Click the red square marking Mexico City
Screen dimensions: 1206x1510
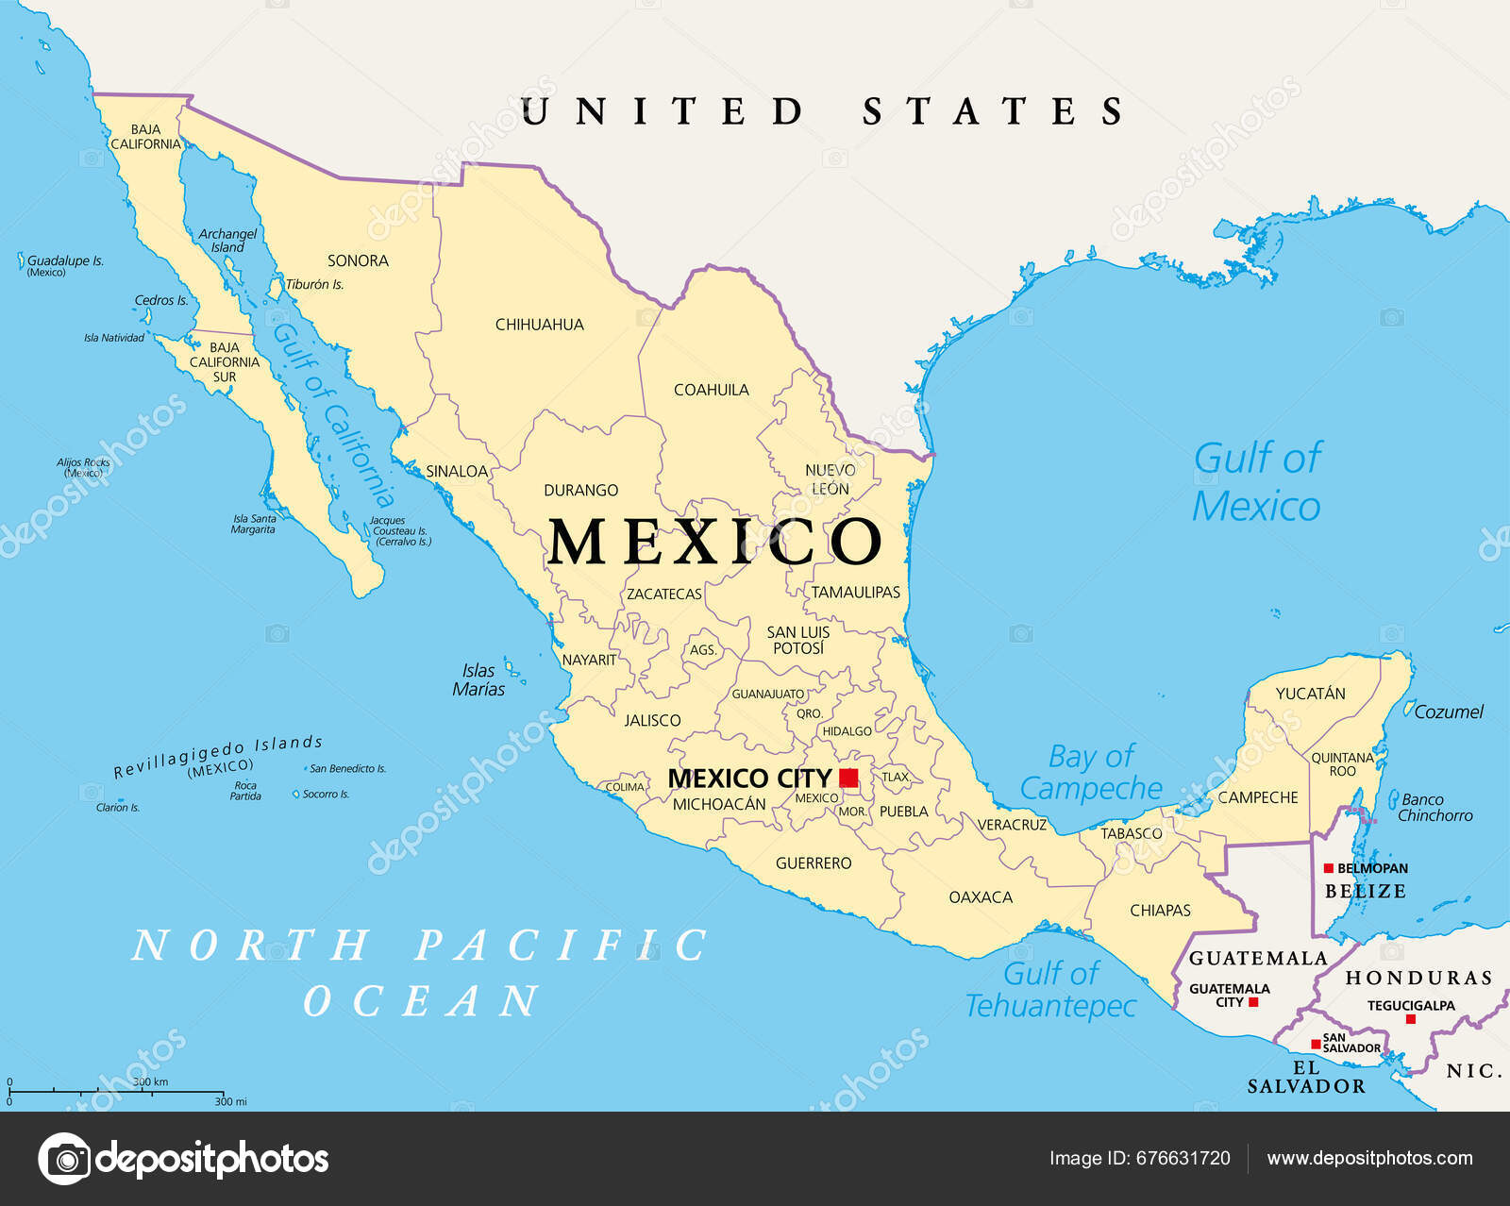(x=848, y=778)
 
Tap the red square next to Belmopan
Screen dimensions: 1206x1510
(x=1328, y=868)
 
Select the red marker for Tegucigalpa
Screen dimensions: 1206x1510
(x=1410, y=1019)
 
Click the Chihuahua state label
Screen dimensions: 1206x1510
(x=539, y=325)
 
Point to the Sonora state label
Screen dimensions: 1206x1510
(x=358, y=260)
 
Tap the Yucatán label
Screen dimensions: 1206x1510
(x=1310, y=694)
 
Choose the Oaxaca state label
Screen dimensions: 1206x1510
(x=980, y=897)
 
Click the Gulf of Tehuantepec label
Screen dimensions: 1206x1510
(x=1049, y=989)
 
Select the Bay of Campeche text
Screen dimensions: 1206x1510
(x=1091, y=772)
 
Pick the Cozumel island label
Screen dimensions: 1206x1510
(x=1448, y=712)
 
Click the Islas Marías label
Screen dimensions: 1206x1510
(x=478, y=679)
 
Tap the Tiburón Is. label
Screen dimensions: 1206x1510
(x=314, y=284)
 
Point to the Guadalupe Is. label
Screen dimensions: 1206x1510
(x=64, y=261)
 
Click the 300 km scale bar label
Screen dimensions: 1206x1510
(x=150, y=1081)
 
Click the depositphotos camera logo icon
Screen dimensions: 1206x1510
(x=65, y=1158)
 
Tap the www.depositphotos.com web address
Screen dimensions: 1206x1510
(x=1369, y=1158)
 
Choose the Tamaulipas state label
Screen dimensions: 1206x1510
(x=855, y=593)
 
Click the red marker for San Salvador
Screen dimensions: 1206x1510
(x=1316, y=1044)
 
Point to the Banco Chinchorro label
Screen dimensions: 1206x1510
(x=1434, y=808)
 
